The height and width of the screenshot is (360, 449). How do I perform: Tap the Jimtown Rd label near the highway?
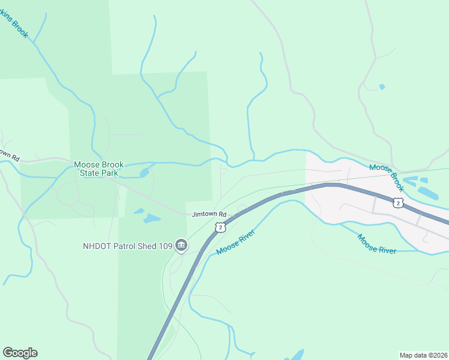(209, 214)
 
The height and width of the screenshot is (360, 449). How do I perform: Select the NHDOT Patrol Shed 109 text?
(127, 245)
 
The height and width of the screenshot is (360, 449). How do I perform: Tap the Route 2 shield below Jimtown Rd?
(220, 227)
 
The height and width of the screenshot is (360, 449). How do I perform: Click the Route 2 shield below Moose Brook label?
(397, 202)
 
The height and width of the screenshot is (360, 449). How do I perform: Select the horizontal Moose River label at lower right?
(377, 244)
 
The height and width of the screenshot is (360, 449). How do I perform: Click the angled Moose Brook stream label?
(388, 178)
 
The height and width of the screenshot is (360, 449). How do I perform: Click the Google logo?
(20, 353)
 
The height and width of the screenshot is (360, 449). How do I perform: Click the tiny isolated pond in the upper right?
(382, 87)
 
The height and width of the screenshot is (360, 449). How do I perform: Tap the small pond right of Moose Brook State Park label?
(144, 173)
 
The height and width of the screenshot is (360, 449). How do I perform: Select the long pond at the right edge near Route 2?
(428, 193)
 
